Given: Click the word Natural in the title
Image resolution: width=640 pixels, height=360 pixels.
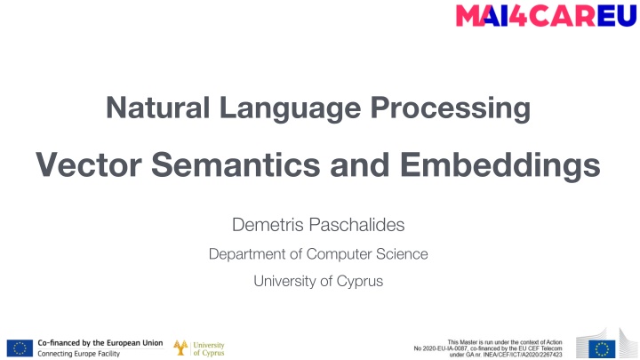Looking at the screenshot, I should (144, 110).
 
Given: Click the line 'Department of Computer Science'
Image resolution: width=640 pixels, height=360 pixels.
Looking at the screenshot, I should (317, 254).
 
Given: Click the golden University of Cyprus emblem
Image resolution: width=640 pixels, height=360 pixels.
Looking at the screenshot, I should (180, 348).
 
